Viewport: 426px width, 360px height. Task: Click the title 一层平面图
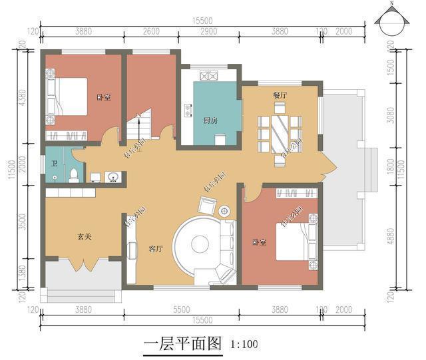[181, 344]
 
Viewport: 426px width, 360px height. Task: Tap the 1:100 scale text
[244, 345]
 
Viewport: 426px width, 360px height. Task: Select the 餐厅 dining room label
[280, 95]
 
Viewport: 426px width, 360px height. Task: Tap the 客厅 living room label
[156, 249]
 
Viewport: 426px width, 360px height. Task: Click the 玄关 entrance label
[83, 236]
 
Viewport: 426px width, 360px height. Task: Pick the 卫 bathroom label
[53, 164]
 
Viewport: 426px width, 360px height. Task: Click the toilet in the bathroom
[75, 174]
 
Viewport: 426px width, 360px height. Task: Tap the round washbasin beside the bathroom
[114, 177]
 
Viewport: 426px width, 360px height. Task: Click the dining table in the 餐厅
[279, 133]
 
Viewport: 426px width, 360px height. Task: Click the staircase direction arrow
[139, 122]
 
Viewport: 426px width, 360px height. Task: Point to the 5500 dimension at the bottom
[181, 309]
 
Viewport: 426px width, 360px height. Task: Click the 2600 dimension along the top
[151, 31]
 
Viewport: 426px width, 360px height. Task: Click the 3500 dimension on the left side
[22, 222]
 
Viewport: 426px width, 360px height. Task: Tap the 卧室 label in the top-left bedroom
[103, 98]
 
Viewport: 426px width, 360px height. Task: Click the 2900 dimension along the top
[208, 31]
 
